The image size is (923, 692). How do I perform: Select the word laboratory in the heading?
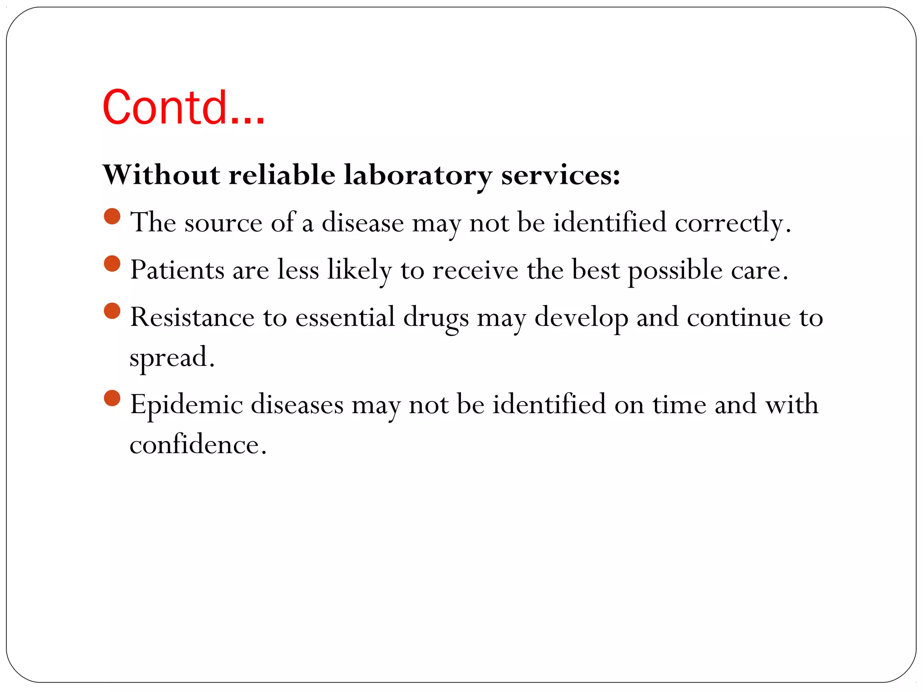point(418,175)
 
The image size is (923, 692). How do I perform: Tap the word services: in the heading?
point(561,175)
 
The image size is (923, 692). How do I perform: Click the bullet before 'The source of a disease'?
point(112,216)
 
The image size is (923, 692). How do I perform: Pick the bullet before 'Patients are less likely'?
point(112,264)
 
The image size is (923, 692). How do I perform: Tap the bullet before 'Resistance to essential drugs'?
point(112,311)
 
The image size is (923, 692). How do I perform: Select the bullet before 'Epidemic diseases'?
point(112,398)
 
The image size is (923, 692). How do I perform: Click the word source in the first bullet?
point(223,223)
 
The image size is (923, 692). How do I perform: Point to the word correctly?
point(732,223)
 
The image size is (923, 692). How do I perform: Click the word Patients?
point(177,270)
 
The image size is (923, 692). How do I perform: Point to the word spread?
point(172,358)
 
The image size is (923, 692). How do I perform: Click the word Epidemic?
point(187,405)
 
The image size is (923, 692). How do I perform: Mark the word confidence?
point(198,445)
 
